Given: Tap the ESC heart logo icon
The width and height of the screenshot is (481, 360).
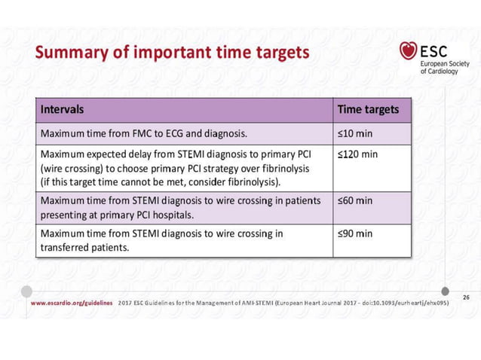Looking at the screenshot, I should [409, 51].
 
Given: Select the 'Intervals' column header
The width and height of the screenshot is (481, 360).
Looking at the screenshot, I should [62, 110].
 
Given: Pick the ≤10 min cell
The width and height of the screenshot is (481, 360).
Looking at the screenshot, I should [354, 135].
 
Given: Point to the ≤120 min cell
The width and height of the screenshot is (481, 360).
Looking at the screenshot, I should [357, 154].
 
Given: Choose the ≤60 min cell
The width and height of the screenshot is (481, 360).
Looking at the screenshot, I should [354, 201].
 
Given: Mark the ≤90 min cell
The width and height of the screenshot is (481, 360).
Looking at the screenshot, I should [354, 233].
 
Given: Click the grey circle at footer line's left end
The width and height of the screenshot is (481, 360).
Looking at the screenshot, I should [27, 291].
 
